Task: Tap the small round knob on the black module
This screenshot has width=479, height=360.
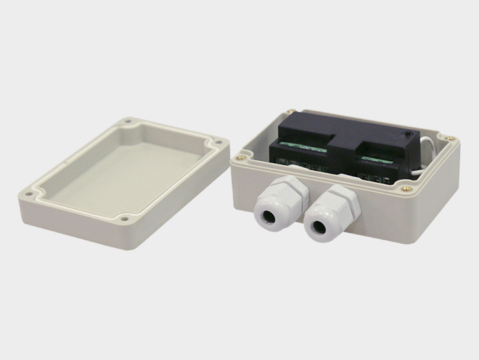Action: pos(408,135)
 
